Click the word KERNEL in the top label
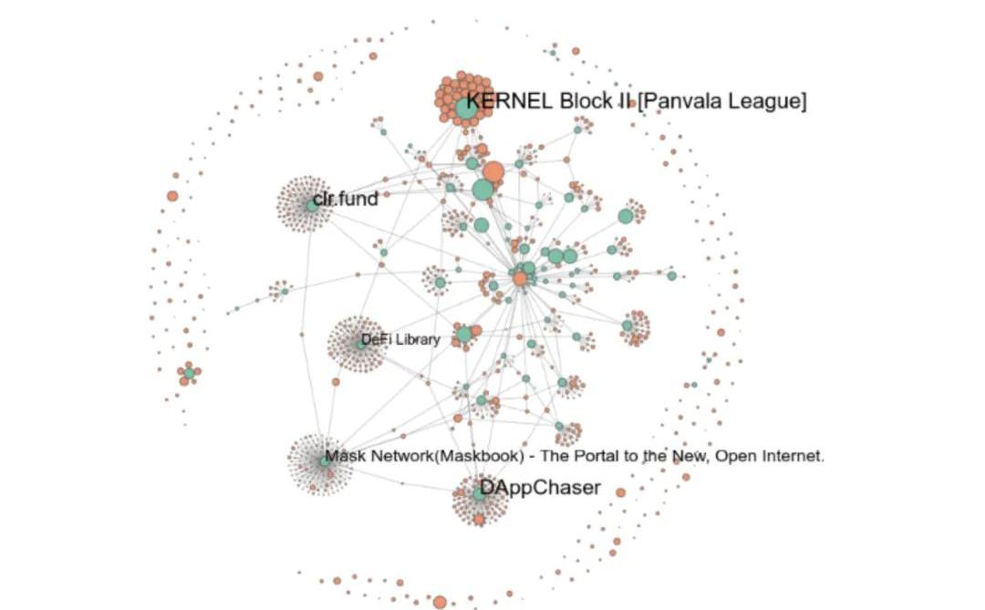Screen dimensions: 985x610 coord(510,101)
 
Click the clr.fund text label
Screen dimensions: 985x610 coord(345,199)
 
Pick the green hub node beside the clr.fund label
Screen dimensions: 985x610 coord(312,205)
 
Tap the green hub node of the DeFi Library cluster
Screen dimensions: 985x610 coord(360,345)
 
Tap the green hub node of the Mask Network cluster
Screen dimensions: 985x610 coord(324,461)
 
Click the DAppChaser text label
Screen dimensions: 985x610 coord(540,488)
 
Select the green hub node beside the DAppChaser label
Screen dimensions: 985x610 coord(480,494)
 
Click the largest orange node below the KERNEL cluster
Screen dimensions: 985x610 coord(493,171)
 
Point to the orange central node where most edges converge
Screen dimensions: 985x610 coord(520,279)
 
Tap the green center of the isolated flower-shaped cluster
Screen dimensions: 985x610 coord(189,373)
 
